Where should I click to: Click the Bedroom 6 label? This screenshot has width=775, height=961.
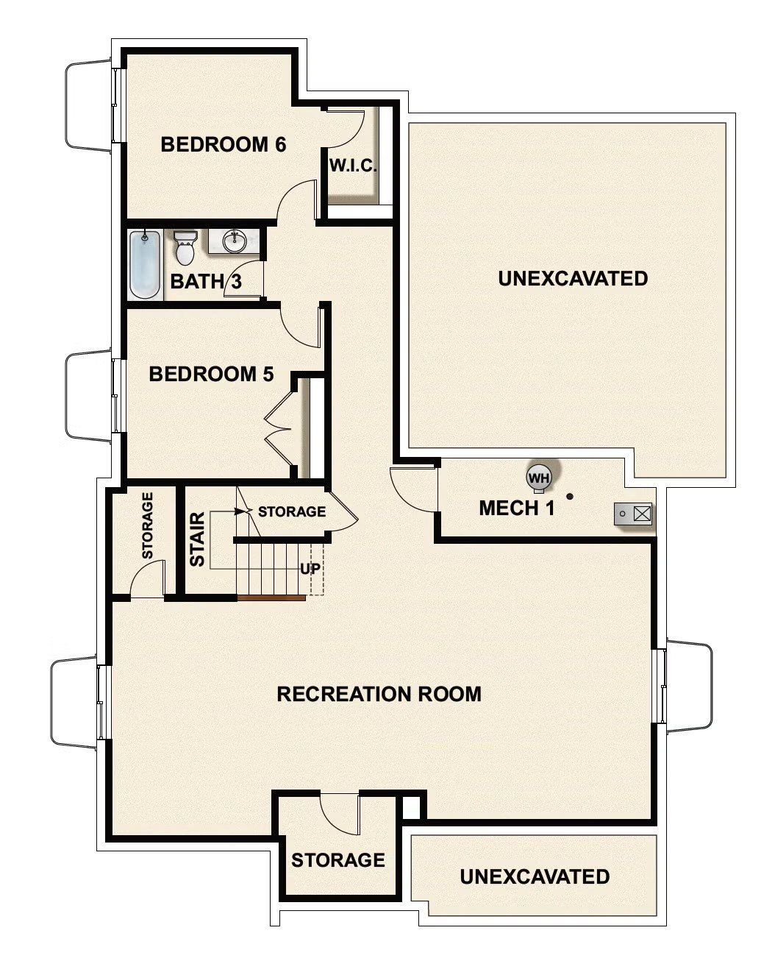coord(223,144)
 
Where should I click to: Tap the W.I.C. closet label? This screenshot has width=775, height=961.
coord(353,166)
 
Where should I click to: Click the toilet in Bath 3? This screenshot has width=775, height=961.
coord(185,248)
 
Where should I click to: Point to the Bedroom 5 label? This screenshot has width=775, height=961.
coord(211,375)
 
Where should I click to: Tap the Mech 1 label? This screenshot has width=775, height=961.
coord(516,508)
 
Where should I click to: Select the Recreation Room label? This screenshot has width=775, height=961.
coord(379,694)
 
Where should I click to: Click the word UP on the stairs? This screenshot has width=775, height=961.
coord(310,569)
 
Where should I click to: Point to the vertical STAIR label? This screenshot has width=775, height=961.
coord(197,545)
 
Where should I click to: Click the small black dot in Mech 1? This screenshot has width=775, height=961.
coord(568,497)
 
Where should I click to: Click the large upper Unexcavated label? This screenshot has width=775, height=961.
coord(572,279)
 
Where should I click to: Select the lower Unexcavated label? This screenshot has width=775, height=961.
coord(535,877)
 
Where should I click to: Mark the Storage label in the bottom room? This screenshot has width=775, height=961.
coord(337,860)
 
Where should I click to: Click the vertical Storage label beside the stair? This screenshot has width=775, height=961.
coord(147,525)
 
